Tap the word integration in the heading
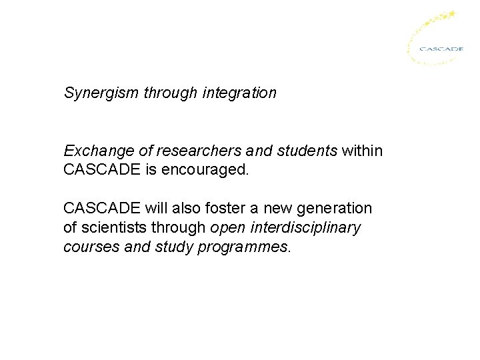[242, 93]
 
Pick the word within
[363, 151]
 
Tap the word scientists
[111, 227]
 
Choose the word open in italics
[226, 227]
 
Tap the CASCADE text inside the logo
[441, 48]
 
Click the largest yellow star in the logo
[451, 13]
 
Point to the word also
[179, 208]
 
